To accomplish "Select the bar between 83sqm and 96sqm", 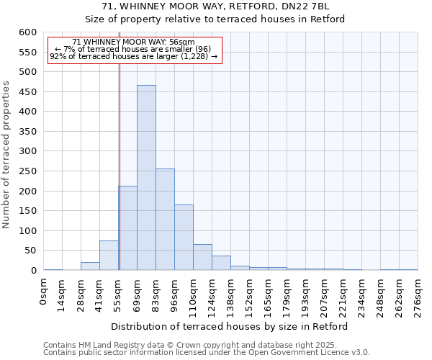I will (165, 220).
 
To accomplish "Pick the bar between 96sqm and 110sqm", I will (184, 238).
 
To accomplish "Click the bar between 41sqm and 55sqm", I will (109, 256).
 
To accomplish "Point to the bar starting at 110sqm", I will (202, 258).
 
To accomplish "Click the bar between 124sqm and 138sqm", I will (221, 264).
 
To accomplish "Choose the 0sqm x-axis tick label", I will (44, 293).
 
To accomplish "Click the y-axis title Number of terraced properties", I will (6, 155).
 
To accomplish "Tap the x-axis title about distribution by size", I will (230, 326).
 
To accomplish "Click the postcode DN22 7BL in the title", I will (305, 6).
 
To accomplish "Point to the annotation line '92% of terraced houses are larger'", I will (133, 56).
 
